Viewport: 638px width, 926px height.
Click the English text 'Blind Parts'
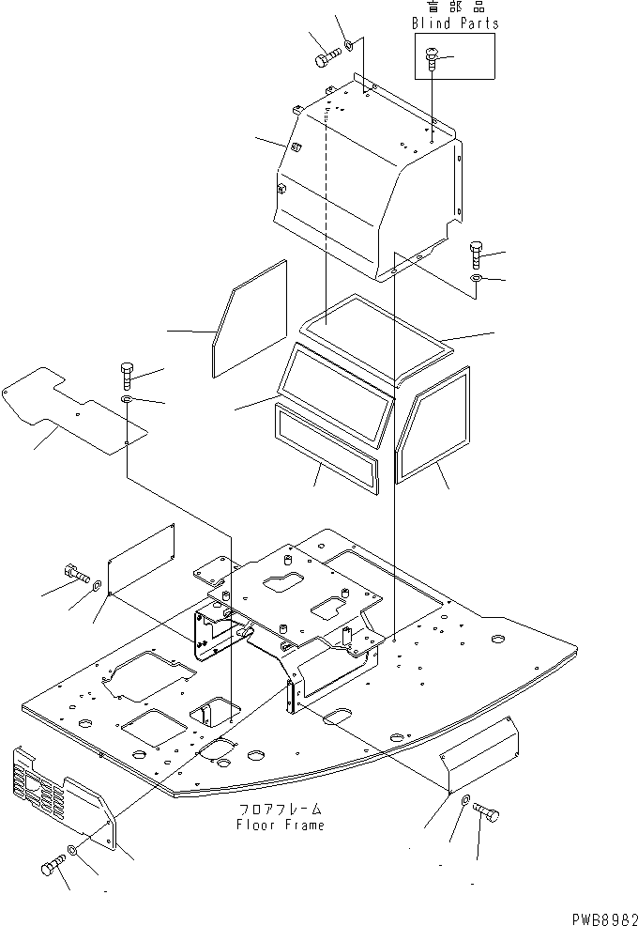(x=456, y=23)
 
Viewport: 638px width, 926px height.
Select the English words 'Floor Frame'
(x=282, y=825)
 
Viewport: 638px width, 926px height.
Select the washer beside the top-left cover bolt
(x=349, y=44)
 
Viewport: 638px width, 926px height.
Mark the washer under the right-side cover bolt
(x=478, y=280)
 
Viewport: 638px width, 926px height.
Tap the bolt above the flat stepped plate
(x=127, y=375)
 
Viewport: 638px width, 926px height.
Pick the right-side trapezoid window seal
(x=433, y=423)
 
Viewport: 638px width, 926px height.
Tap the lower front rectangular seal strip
(x=325, y=446)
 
